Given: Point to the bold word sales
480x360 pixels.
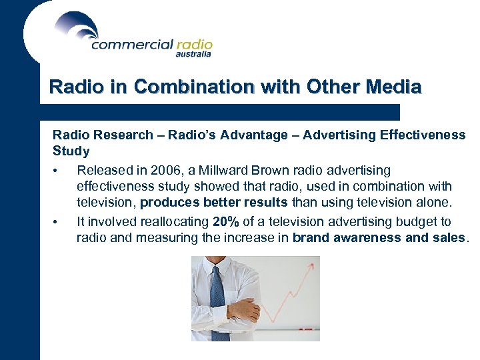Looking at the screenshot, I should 451,238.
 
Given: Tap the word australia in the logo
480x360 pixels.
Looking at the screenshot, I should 193,55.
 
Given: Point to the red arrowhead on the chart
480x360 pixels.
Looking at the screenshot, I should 312,265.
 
